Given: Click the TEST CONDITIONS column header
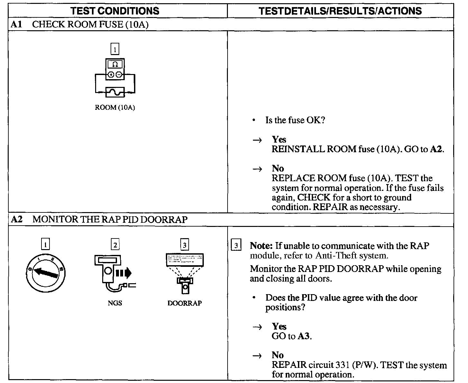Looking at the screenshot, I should pos(115,11).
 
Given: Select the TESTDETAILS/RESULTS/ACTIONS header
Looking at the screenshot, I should pos(340,11).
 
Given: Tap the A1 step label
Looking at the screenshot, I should pos(16,24).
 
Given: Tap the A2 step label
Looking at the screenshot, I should pos(16,220).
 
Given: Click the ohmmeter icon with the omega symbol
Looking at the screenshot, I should pos(115,69).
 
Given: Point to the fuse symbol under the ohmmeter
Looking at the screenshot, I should pos(115,93).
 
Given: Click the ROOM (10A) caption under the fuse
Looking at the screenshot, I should pos(115,107).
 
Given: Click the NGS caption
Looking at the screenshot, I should pos(115,303).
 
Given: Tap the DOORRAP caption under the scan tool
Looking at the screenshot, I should pos(184,303).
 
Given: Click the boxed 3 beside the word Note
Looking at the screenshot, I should pos(236,246).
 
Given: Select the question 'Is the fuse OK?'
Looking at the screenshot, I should pos(295,120).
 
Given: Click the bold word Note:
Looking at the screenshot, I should pos(261,246).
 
